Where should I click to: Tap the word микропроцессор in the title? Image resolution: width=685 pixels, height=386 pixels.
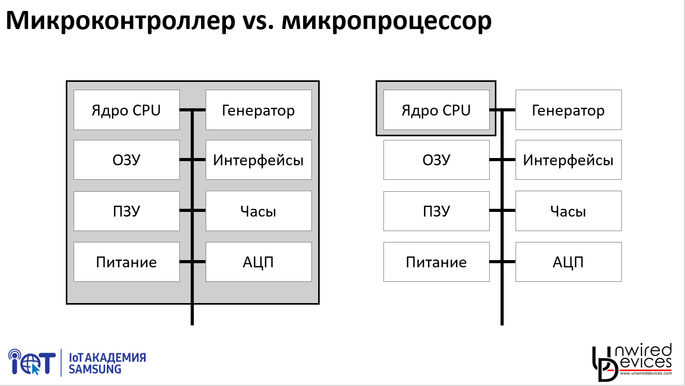pyautogui.click(x=387, y=21)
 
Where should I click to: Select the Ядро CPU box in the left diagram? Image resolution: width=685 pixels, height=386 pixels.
pyautogui.click(x=126, y=110)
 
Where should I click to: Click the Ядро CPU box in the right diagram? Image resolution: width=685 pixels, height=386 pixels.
pyautogui.click(x=436, y=110)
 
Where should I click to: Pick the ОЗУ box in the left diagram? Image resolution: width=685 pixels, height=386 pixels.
pyautogui.click(x=126, y=160)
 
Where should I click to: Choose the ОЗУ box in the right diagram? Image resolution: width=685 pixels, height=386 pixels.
pyautogui.click(x=436, y=160)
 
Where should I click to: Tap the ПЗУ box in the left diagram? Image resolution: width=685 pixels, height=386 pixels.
pyautogui.click(x=126, y=211)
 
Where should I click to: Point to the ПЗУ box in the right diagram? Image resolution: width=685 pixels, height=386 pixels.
pyautogui.click(x=436, y=211)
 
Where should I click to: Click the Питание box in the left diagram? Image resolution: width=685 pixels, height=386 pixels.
pyautogui.click(x=126, y=262)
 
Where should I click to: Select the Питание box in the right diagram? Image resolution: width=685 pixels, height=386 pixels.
pyautogui.click(x=436, y=262)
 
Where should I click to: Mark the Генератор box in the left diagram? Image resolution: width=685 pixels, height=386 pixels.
pyautogui.click(x=259, y=110)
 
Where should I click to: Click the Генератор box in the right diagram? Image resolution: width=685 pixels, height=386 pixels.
pyautogui.click(x=568, y=110)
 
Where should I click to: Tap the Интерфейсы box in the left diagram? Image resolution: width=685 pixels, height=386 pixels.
pyautogui.click(x=259, y=160)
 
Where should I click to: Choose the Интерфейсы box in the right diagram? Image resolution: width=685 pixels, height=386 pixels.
pyautogui.click(x=568, y=160)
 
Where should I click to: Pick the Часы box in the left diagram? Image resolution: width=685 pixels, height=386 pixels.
pyautogui.click(x=259, y=211)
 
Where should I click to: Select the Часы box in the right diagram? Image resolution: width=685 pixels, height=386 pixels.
pyautogui.click(x=568, y=211)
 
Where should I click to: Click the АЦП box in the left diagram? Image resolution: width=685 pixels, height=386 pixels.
pyautogui.click(x=259, y=262)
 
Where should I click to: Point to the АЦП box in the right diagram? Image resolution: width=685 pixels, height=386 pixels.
pyautogui.click(x=568, y=262)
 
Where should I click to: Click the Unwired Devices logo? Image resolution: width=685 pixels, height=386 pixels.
pyautogui.click(x=632, y=361)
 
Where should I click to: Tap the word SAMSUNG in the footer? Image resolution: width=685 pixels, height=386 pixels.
pyautogui.click(x=95, y=369)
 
